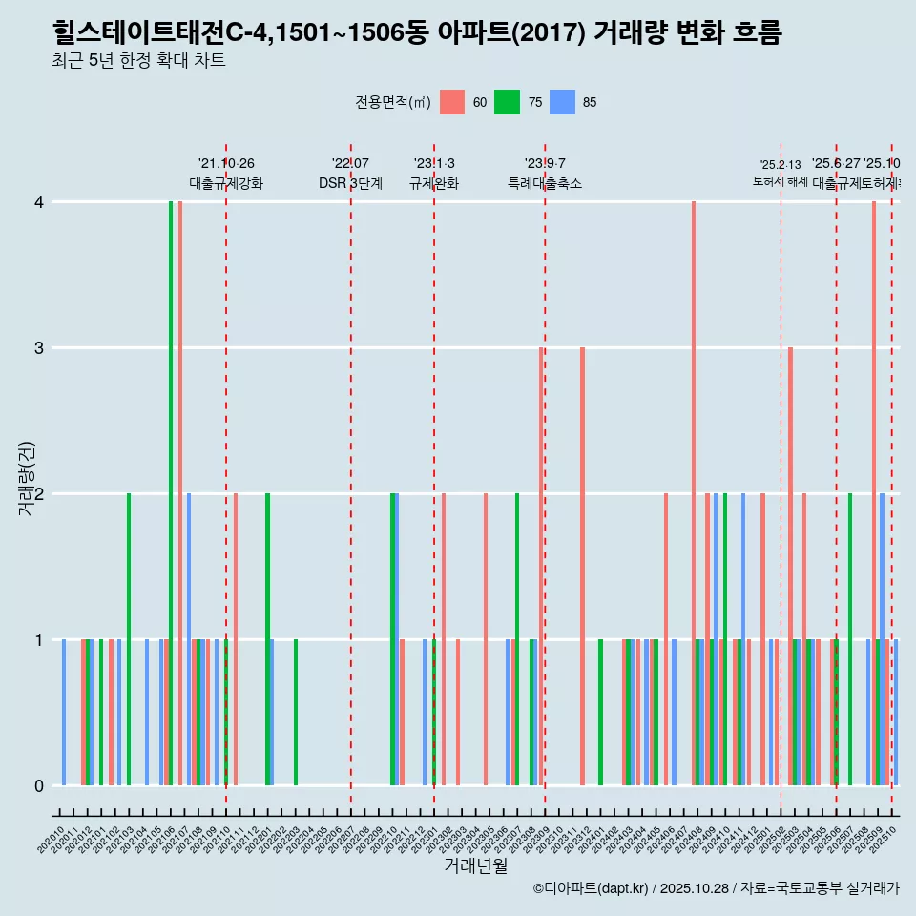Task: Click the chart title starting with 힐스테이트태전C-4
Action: [417, 33]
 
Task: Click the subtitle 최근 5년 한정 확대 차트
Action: [138, 62]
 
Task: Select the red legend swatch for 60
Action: [452, 102]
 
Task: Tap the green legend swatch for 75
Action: [507, 102]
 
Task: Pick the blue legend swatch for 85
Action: [562, 102]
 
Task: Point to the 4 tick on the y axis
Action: [39, 202]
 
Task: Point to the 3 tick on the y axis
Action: [39, 348]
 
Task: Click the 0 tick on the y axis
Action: [39, 786]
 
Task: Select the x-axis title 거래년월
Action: [475, 865]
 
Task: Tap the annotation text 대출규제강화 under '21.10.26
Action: [226, 183]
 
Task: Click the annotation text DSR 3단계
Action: [350, 183]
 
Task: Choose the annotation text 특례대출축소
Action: [545, 183]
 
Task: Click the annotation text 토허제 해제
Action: [781, 180]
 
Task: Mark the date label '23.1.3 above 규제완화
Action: [434, 163]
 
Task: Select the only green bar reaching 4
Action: [171, 493]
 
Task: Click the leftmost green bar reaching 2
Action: [129, 639]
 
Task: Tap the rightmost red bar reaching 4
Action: [873, 493]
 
